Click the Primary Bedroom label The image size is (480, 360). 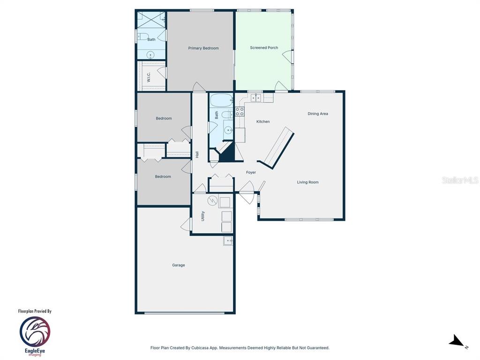click(203, 48)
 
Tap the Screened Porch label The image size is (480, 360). click(264, 48)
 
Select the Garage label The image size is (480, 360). click(179, 265)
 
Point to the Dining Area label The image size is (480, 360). click(318, 113)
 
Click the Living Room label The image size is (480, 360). click(307, 182)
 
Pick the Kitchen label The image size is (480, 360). click(263, 121)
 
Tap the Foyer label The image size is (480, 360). click(251, 172)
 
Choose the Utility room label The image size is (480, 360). click(203, 216)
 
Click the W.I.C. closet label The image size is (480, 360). click(149, 77)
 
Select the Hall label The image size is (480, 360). click(197, 155)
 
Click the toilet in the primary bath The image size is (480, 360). click(143, 37)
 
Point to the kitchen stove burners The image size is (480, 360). click(240, 112)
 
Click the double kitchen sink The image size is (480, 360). click(255, 97)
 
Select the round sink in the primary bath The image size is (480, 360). click(150, 55)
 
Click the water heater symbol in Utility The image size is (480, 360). click(212, 201)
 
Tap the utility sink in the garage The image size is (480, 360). click(228, 241)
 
